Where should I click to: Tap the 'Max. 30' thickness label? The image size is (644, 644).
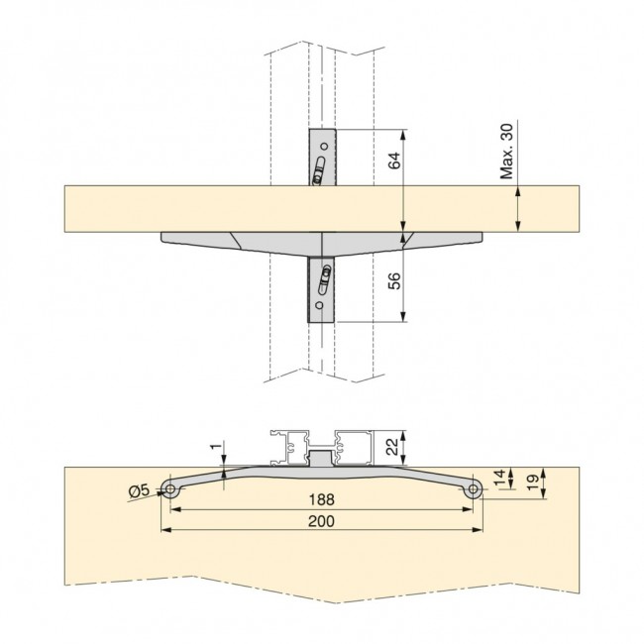506,151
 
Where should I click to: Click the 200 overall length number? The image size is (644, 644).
321,521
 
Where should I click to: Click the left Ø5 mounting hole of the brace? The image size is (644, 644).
171,489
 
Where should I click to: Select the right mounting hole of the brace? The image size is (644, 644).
474,487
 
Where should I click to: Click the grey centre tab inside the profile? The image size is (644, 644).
321,459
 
